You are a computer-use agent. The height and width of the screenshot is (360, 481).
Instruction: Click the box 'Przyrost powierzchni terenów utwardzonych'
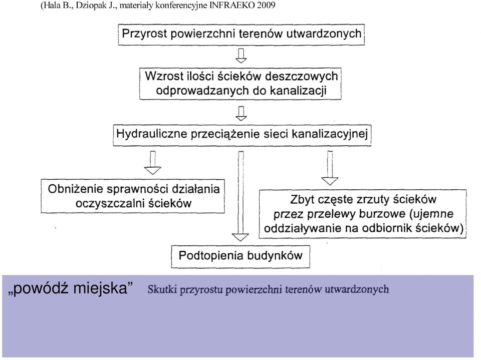[x=241, y=35]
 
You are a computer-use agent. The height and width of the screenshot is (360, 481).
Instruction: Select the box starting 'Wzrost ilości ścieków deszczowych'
[x=240, y=84]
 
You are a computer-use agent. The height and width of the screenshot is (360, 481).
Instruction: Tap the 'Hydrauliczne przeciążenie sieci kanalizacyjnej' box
[x=242, y=135]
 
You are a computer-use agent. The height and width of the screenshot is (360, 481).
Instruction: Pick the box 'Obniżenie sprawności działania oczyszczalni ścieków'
[x=133, y=196]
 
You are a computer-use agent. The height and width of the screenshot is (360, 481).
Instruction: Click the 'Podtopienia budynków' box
[x=241, y=256]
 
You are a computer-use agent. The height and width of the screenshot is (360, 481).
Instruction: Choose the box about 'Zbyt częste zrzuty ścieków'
[x=363, y=214]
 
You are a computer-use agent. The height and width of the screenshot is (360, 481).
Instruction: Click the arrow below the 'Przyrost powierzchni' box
[x=241, y=56]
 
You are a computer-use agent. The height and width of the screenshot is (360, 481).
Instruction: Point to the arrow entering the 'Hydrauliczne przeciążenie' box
[x=241, y=114]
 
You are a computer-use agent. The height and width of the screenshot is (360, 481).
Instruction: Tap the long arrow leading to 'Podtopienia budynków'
[x=241, y=196]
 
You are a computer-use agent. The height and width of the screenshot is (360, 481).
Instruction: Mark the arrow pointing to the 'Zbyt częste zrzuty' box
[x=330, y=168]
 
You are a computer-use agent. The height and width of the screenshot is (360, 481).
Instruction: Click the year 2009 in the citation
[x=266, y=6]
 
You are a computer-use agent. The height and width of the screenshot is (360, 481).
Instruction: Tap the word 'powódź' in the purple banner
[x=39, y=288]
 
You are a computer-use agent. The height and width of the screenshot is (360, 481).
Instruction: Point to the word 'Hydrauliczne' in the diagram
[x=152, y=134]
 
